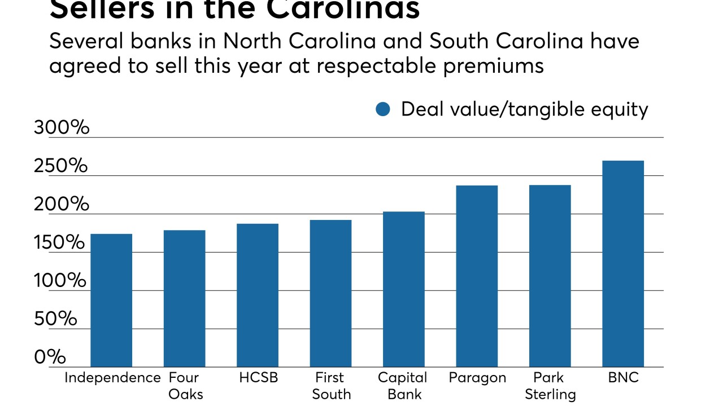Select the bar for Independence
pos(111,300)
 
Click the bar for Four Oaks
pos(184,298)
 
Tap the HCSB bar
pos(258,295)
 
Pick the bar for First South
pos(330,293)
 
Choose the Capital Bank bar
pos(403,289)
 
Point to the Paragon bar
pos(477,276)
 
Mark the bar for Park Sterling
pos(550,276)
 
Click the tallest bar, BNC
pos(623,263)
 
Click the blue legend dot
pos(383,109)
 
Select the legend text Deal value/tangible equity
pos(524,109)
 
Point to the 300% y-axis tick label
pos(62,127)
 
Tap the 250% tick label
pos(61,166)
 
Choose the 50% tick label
pos(55,319)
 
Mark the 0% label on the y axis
pos(50,357)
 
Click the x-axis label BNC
pos(623,378)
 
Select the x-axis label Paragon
pos(477,378)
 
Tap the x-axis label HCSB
pos(258,378)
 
